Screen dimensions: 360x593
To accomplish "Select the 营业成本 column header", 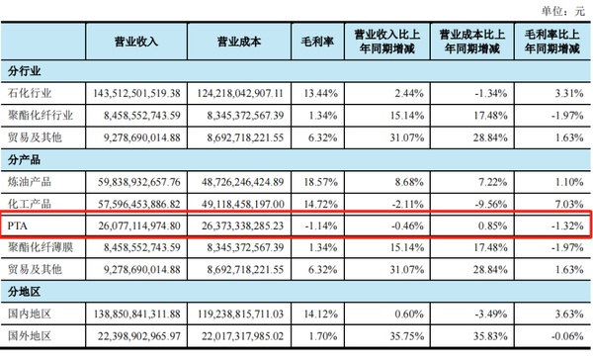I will [239, 42].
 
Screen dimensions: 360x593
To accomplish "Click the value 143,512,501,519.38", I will [135, 92].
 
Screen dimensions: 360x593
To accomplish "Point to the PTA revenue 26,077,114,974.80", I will [135, 225].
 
